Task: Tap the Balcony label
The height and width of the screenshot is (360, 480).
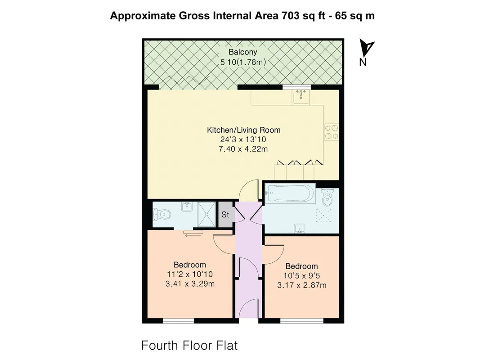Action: point(243,52)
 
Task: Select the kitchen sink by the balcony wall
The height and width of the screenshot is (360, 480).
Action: point(301,97)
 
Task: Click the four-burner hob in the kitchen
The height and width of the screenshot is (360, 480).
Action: point(331,132)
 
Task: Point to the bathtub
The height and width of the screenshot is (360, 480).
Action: point(290,193)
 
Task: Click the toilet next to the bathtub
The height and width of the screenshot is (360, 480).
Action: point(327,197)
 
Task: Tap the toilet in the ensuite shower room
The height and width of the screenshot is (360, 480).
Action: point(161,214)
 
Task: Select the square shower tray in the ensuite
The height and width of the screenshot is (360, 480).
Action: point(207,214)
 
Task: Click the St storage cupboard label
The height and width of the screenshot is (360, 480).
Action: point(225,215)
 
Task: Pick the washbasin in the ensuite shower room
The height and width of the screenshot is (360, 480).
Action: point(187,207)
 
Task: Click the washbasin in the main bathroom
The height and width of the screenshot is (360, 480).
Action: point(300,228)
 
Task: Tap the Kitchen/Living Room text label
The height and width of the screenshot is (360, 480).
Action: point(244,130)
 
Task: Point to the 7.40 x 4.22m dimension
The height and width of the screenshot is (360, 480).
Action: point(243,149)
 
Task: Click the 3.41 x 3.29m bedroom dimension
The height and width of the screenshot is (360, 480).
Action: point(190,284)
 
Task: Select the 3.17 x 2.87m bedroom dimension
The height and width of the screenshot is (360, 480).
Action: point(302,285)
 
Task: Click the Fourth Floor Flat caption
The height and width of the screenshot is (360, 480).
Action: point(189,345)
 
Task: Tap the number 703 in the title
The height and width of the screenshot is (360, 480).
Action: point(290,16)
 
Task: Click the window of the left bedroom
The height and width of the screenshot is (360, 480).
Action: point(179,321)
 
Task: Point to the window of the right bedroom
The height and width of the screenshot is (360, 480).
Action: point(302,321)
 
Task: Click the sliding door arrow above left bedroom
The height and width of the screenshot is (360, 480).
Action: point(193,234)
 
